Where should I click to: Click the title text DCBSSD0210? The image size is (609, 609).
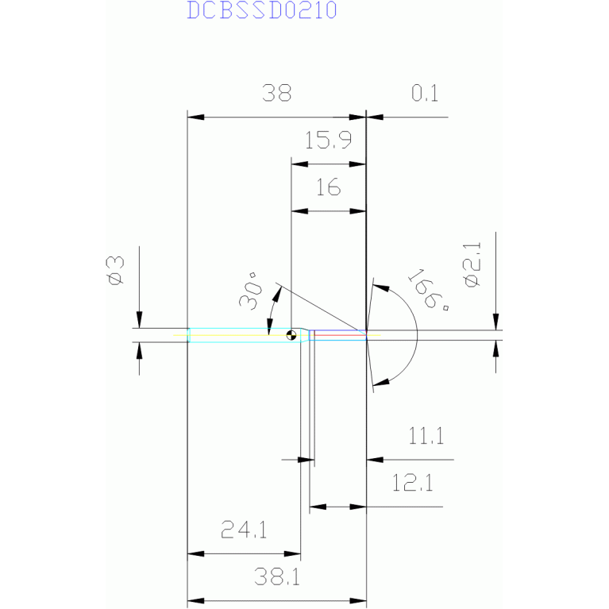262,10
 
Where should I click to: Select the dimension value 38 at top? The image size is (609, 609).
276,93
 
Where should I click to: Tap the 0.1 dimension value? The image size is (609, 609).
425,93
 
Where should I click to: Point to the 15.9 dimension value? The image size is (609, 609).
328,140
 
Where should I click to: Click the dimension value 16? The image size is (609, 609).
329,187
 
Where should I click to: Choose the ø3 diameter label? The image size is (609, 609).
116,270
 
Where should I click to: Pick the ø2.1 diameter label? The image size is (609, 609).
472,264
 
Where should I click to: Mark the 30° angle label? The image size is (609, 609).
251,291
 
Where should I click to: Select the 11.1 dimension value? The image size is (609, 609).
426,436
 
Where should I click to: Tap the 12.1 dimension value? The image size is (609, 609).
412,483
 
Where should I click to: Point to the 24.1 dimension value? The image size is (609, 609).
244,530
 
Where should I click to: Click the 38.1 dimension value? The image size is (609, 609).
277,576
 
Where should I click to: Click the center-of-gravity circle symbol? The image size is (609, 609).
291,335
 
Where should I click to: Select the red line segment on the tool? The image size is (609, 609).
340,335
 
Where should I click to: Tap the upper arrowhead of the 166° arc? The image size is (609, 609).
381,287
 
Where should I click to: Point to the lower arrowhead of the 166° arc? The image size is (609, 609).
381,382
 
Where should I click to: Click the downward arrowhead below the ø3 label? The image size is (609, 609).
140,320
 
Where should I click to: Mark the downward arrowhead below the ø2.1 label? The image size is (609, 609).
495,322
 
